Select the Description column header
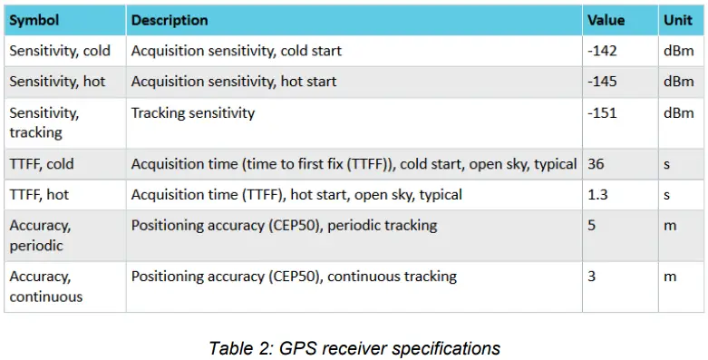click(170, 20)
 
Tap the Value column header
click(606, 20)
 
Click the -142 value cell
click(602, 51)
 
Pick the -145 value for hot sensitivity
click(602, 82)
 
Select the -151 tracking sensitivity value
click(602, 113)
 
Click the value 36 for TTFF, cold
click(596, 164)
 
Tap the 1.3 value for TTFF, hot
click(597, 195)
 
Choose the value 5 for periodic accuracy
click(591, 226)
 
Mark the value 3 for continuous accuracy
click(591, 277)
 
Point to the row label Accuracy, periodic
click(41, 235)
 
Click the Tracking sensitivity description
click(193, 113)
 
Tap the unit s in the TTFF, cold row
click(666, 164)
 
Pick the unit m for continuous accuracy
click(670, 277)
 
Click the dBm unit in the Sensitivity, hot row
click(677, 82)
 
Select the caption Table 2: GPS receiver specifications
click(354, 347)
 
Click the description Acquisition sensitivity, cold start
click(237, 51)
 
